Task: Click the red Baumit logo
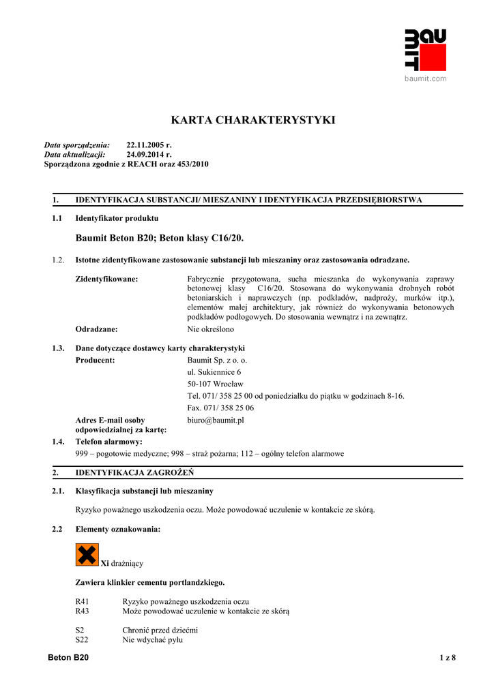[425, 50]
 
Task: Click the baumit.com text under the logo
[425, 78]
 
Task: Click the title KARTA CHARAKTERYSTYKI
[252, 121]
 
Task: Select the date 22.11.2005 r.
[149, 145]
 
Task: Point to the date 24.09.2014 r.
[149, 155]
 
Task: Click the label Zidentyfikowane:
[106, 279]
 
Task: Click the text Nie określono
[211, 329]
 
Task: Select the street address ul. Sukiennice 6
[214, 372]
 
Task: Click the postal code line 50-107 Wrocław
[215, 384]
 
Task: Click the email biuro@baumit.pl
[216, 421]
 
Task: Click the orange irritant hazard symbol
[87, 555]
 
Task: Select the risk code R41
[83, 602]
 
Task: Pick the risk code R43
[83, 611]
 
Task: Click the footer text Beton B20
[68, 658]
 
